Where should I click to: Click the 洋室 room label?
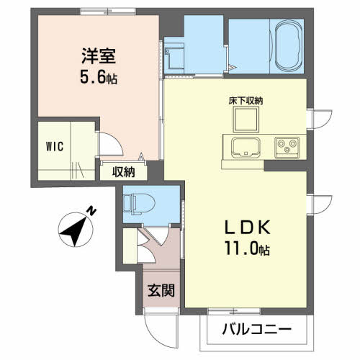pos(99,56)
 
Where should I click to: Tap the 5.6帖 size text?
pos(99,78)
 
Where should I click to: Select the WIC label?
pos(55,146)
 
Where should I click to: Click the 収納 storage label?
pos(124,172)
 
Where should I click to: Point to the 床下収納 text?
pos(246,101)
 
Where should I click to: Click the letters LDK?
pos(247,228)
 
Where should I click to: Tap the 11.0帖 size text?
pos(247,248)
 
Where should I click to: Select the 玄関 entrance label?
pos(161,290)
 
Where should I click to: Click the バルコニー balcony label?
pos(257,329)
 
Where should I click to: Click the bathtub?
pos(288,45)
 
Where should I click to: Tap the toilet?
pos(139,203)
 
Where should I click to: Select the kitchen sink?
pos(246,148)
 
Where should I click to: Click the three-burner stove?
pos(287,148)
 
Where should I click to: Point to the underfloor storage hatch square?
pos(246,120)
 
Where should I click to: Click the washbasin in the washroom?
pos(174,57)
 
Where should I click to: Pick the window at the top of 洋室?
pos(108,12)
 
